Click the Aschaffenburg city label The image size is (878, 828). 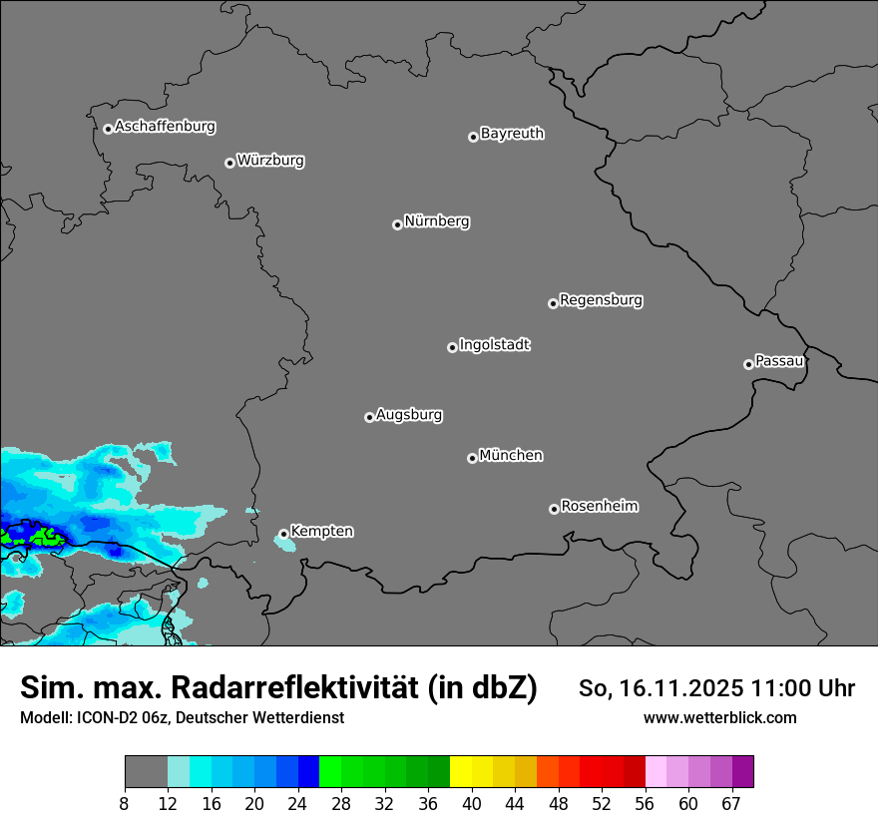[165, 127]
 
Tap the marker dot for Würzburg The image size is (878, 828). [229, 163]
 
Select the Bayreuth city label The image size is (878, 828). [512, 134]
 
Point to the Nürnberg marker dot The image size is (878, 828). [397, 224]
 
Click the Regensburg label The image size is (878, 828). [601, 300]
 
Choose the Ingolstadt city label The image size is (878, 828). [494, 345]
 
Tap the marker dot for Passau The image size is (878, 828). [748, 364]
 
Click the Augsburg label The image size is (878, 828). [409, 415]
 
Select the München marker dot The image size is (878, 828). [472, 458]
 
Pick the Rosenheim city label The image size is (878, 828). [599, 507]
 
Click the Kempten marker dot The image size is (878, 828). [283, 534]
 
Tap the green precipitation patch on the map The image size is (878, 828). [43, 538]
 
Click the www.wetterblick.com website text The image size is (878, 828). [719, 717]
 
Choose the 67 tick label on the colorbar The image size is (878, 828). [731, 804]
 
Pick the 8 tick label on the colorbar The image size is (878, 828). [125, 804]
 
